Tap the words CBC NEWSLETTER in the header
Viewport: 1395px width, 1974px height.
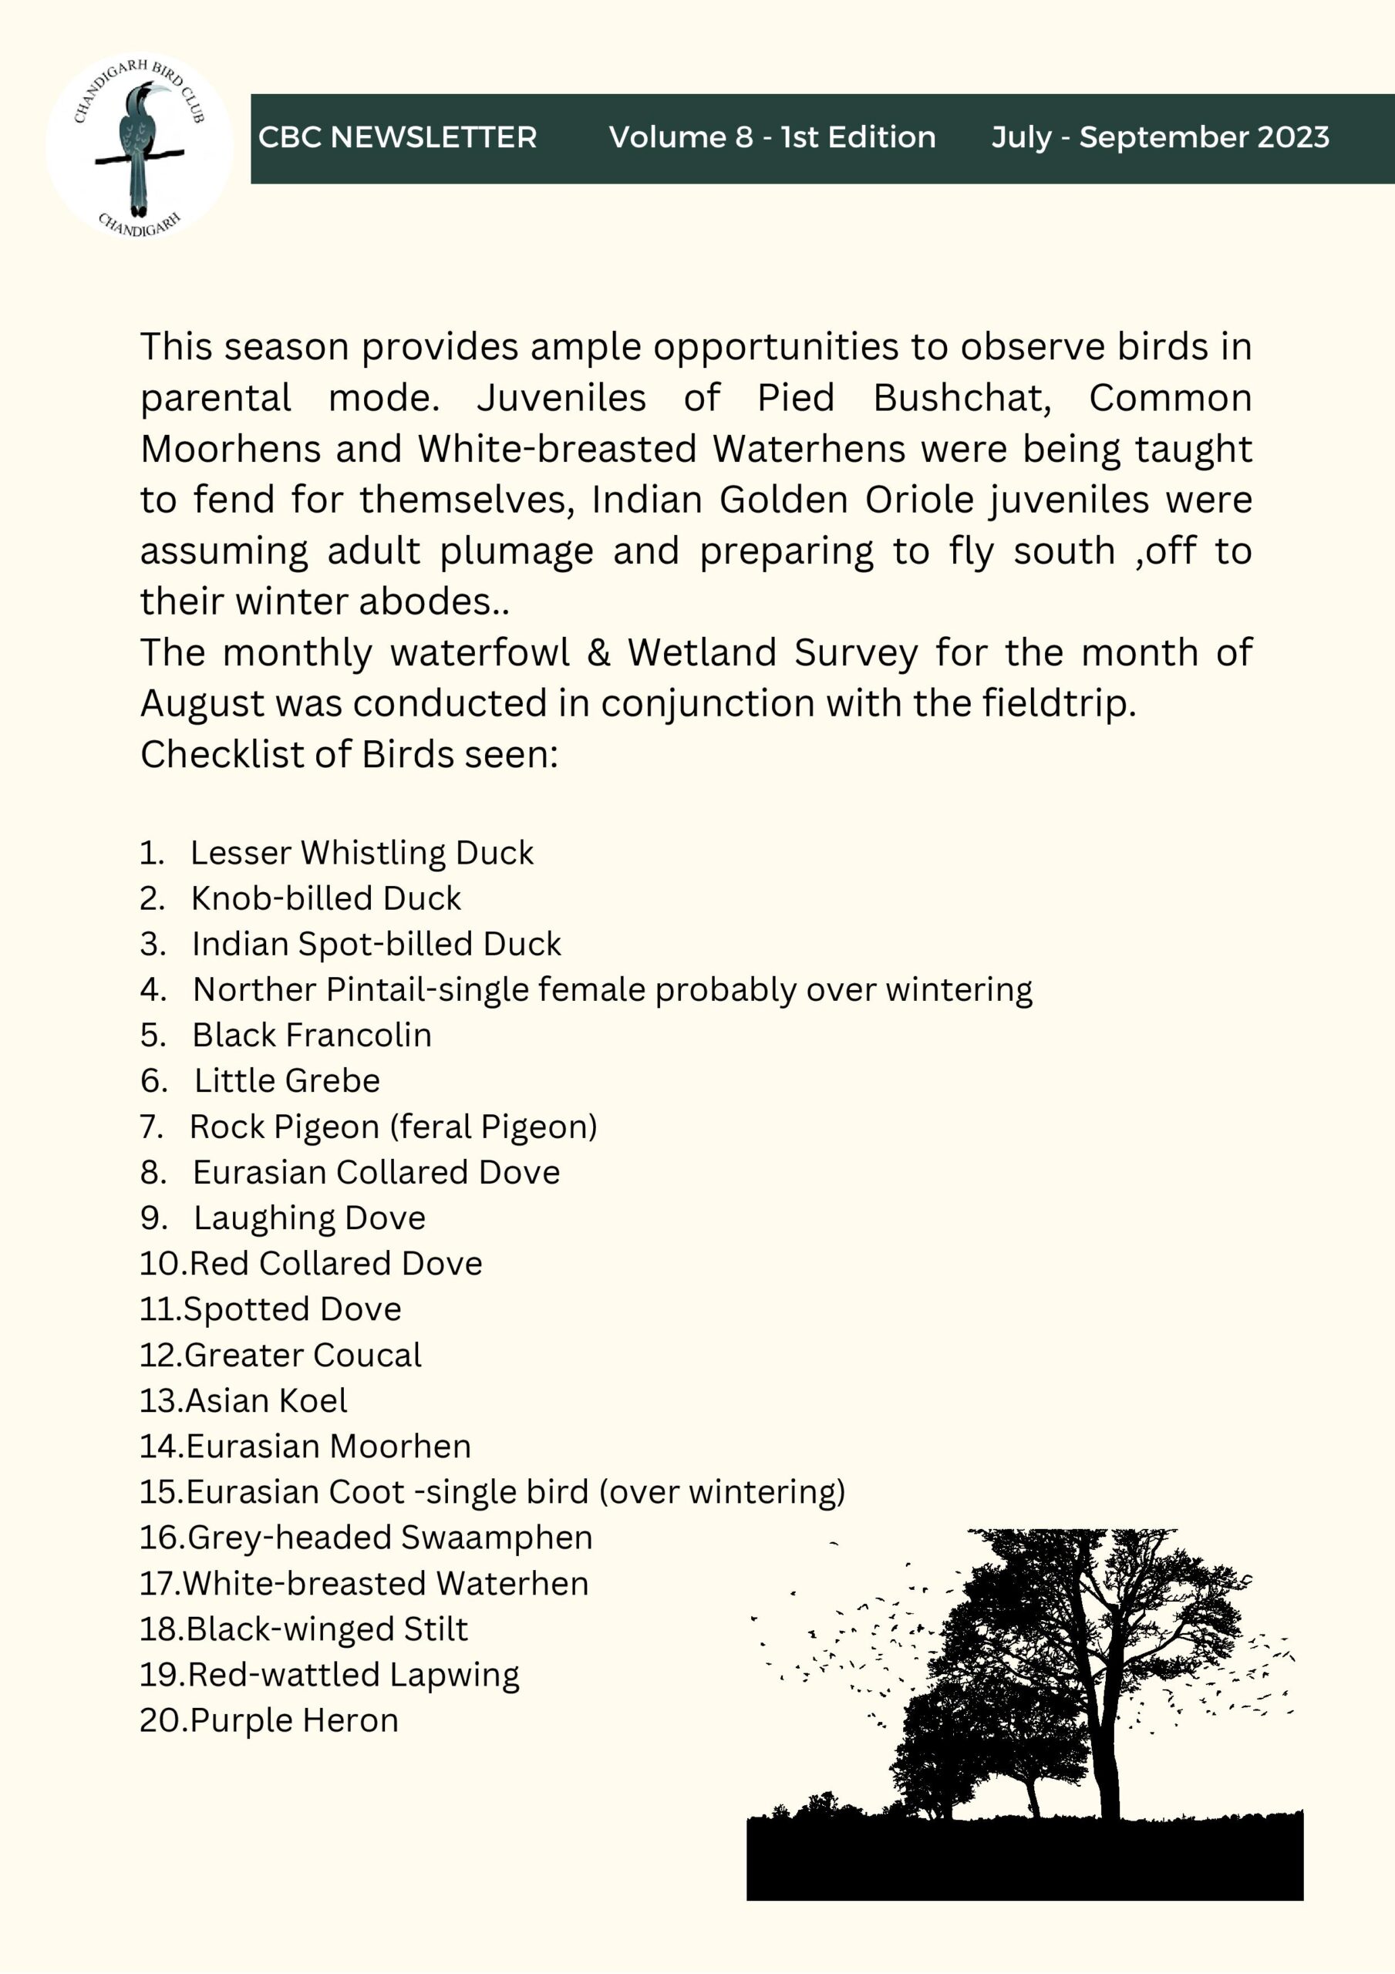tap(397, 137)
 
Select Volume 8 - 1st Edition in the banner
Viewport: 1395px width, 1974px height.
tap(771, 137)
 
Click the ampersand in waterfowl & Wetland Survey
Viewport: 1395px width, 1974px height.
tap(598, 652)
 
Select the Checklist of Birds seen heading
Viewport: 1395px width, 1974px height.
tap(349, 754)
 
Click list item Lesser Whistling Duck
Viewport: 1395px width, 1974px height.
tap(361, 853)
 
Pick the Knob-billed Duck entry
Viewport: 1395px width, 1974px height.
tap(326, 898)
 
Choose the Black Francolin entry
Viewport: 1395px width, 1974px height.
tap(312, 1035)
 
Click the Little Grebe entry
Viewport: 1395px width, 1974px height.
tap(286, 1081)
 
